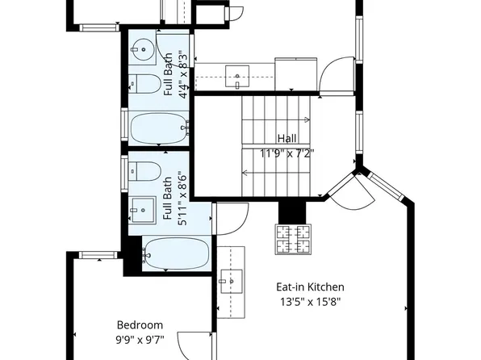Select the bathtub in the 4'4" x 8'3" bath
(160, 127)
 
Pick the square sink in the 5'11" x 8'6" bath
(143, 209)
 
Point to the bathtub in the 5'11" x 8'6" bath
(175, 253)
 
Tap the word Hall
(287, 138)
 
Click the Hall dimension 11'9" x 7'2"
(287, 152)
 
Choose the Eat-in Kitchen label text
(310, 287)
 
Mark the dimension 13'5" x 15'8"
(310, 303)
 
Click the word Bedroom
(140, 324)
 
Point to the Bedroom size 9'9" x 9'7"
(140, 340)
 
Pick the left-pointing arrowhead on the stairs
(244, 173)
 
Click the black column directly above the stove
(293, 211)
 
